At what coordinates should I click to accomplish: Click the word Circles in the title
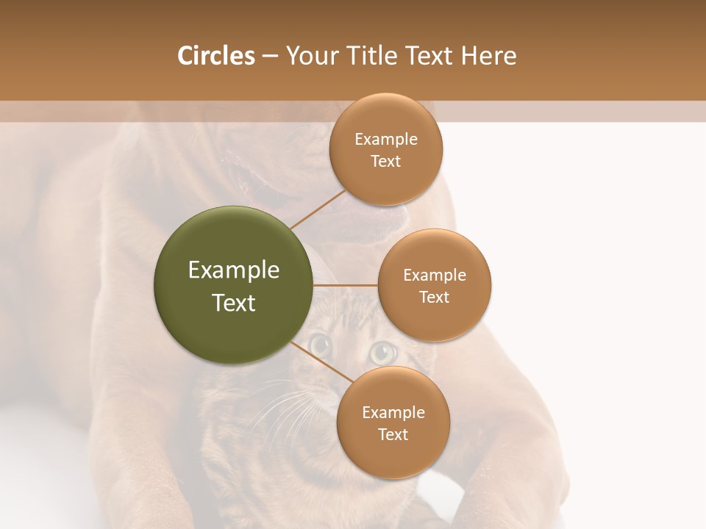point(215,56)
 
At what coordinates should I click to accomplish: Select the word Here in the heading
point(488,56)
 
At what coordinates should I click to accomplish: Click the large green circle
point(234,285)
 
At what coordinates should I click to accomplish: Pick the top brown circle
point(386,150)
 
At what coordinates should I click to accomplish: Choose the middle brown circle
point(435,285)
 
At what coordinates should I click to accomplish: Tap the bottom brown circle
point(393,423)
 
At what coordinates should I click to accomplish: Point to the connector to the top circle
point(318,209)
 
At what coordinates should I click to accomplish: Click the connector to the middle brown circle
point(346,285)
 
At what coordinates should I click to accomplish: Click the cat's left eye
point(320,343)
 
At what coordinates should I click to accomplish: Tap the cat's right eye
point(382,352)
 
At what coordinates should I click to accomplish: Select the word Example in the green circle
point(234,270)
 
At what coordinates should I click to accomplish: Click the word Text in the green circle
point(234,303)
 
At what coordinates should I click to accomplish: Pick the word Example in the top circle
point(386,140)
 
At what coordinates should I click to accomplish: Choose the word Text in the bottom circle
point(393,434)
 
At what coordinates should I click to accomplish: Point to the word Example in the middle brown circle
point(435,276)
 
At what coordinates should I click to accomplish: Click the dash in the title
point(269,57)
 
